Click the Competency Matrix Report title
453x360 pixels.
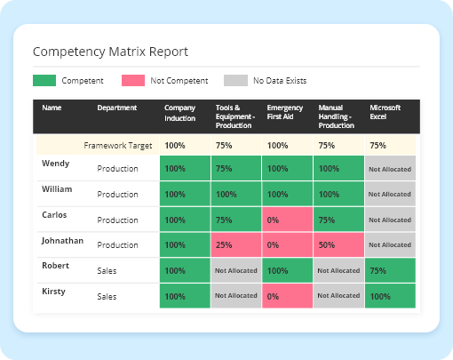pos(109,52)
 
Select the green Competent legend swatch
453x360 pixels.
pos(43,81)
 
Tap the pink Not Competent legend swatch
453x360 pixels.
pos(133,81)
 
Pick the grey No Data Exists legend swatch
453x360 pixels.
pos(236,81)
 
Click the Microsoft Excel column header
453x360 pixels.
pos(385,113)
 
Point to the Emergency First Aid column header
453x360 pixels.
pos(285,113)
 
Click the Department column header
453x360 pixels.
pos(117,108)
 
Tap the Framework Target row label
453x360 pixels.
pos(118,145)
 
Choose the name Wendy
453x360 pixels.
pos(55,164)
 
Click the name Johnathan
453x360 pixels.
pos(62,240)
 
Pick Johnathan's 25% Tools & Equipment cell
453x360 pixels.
pos(235,244)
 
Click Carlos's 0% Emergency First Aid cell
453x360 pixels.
pos(287,220)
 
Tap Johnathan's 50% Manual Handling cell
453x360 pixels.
pos(338,244)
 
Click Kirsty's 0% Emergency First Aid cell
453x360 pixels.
pos(287,296)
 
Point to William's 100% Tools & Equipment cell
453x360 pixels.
pos(235,194)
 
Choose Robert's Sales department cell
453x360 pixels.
pos(107,271)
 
